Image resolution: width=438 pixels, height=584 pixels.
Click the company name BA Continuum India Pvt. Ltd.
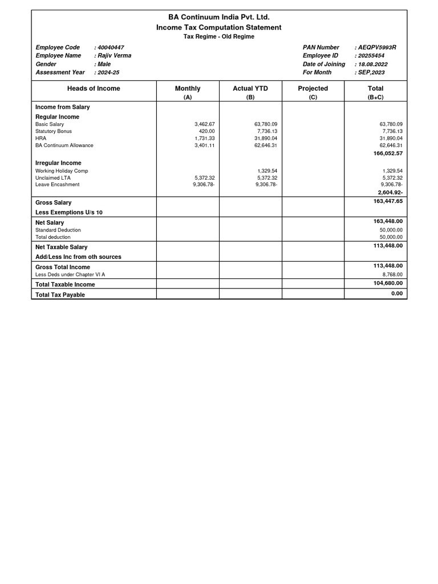pos(219,18)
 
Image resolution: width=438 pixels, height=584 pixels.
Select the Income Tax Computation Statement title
pos(219,27)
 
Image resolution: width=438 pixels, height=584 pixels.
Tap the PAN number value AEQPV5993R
pos(376,47)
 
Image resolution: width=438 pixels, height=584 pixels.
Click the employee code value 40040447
pos(111,47)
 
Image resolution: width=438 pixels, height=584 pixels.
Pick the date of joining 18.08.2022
pos(372,64)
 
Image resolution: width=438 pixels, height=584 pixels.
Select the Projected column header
pos(313,88)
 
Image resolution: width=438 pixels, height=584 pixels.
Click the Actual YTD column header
pos(250,88)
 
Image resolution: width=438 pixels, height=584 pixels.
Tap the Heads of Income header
pos(94,88)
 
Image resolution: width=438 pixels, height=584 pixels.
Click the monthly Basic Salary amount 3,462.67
pos(204,124)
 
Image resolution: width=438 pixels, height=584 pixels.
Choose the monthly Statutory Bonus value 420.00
pos(207,131)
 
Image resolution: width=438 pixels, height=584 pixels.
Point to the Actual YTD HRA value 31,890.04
pos(266,139)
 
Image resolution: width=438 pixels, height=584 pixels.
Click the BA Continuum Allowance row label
pos(64,145)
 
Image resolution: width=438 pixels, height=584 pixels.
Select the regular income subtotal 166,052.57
pos(387,153)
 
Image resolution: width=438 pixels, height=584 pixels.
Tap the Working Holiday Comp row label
pos(62,171)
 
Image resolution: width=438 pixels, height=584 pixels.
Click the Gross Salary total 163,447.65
pos(387,201)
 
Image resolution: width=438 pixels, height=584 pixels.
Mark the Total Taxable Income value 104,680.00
pos(387,283)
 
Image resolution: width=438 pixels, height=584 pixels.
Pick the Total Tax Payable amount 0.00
pos(397,294)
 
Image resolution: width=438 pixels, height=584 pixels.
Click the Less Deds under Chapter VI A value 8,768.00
pos(392,274)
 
